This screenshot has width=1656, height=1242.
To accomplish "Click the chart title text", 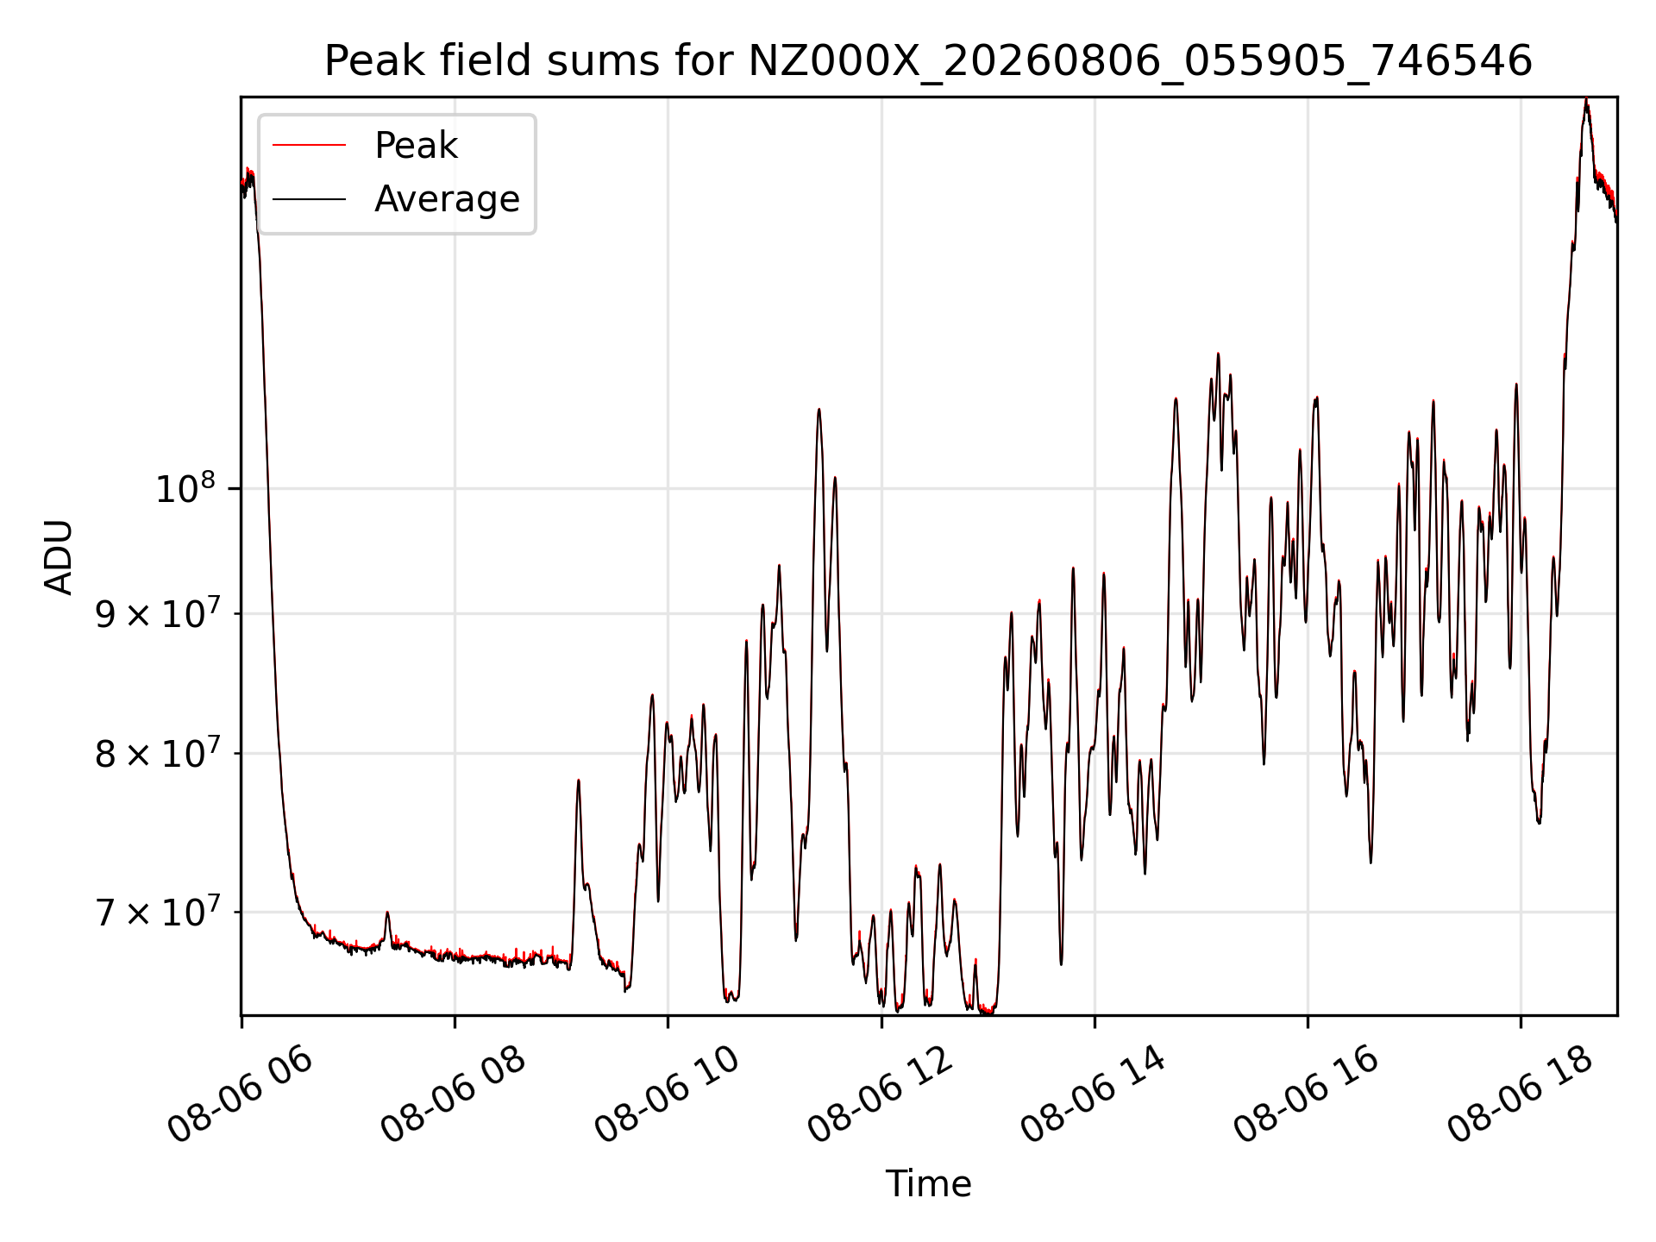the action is (928, 61).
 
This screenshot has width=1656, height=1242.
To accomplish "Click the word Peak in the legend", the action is (416, 146).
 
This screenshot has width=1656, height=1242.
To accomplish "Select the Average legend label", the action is (447, 199).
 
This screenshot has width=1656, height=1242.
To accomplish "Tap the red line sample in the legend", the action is (309, 146).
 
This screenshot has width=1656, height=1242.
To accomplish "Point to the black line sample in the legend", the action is (309, 199).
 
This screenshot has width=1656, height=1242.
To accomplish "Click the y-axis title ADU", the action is (59, 556).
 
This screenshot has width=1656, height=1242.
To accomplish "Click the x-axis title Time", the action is (928, 1184).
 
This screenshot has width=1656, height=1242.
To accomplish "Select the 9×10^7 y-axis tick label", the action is (157, 613).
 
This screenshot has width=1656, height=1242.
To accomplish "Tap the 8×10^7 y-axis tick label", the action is (157, 753).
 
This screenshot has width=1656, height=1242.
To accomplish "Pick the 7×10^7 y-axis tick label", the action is (157, 911).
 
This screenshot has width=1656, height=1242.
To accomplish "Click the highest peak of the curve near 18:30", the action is (1586, 100).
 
